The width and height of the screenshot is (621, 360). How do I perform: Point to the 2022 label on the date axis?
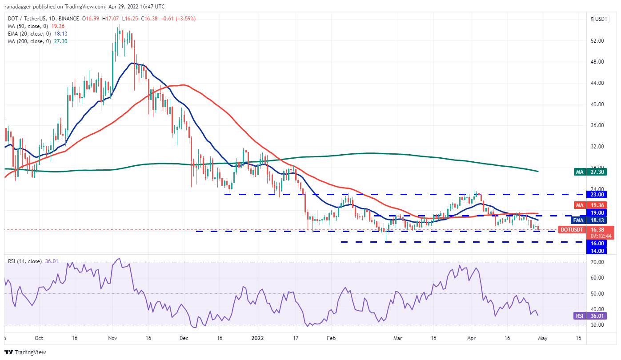pyautogui.click(x=257, y=338)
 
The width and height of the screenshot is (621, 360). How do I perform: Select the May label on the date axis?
pyautogui.click(x=541, y=338)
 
